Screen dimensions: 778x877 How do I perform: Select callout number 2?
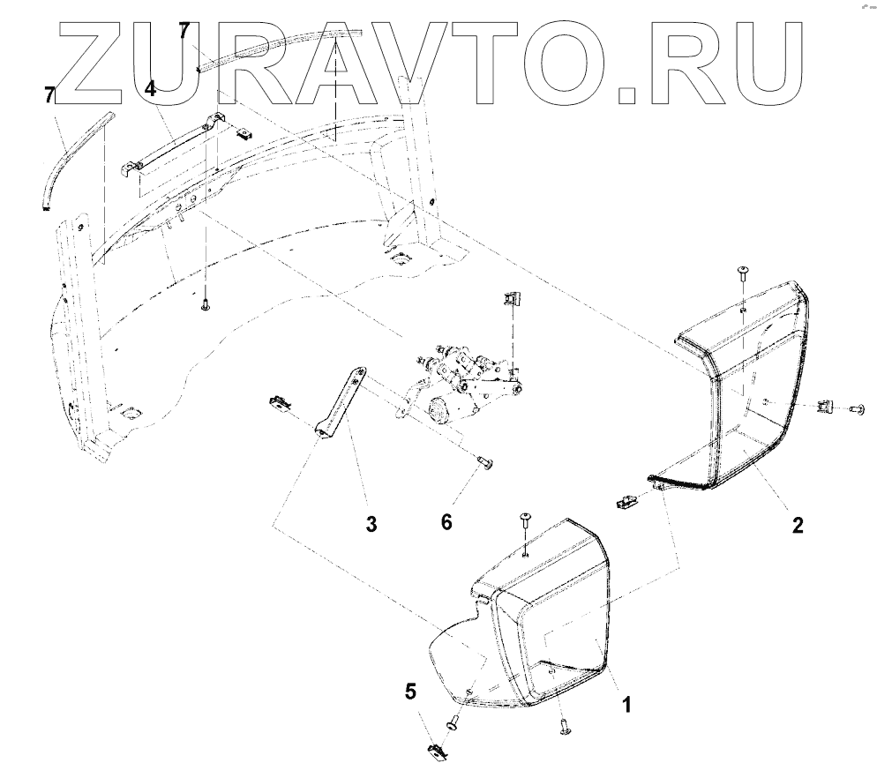point(798,526)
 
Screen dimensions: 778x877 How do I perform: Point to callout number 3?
point(371,524)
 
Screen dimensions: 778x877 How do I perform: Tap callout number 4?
point(151,88)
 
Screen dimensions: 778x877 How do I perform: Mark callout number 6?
point(446,522)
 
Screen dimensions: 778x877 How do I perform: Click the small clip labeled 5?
point(436,750)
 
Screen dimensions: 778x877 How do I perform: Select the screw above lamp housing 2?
point(743,273)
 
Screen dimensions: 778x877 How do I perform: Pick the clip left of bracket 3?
point(279,404)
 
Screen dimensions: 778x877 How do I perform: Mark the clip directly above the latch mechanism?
point(510,300)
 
